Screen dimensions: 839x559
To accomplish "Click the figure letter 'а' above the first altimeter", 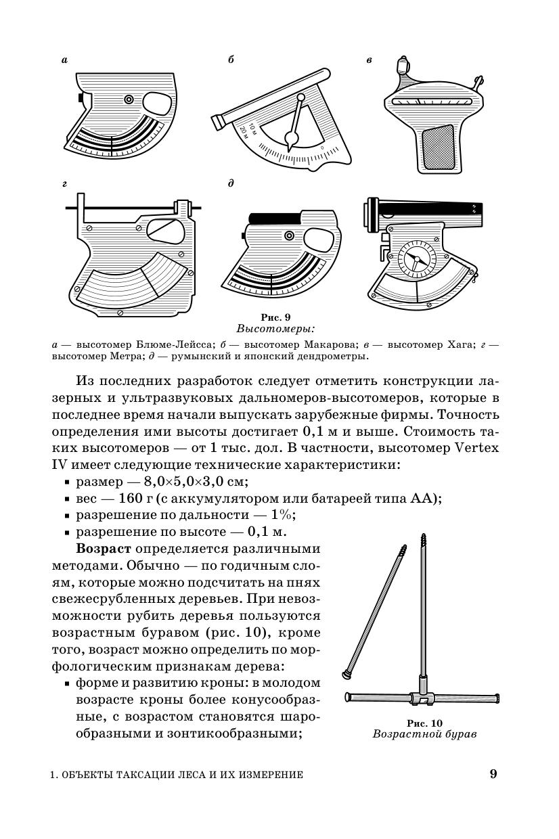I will [x=64, y=60].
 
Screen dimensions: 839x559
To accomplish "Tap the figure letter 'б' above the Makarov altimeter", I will [x=231, y=60].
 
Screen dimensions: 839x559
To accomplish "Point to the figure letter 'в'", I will [x=369, y=60].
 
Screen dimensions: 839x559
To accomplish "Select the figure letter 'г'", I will [x=64, y=184].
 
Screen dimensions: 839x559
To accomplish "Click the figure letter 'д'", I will [x=231, y=184].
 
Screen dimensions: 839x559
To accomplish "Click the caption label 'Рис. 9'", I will [x=275, y=317].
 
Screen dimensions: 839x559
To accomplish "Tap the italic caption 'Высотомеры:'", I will [x=275, y=329].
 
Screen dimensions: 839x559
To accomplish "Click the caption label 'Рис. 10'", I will [x=424, y=722].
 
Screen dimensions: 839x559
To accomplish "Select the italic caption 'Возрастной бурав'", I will [x=424, y=734].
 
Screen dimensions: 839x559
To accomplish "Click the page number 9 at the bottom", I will [x=493, y=774].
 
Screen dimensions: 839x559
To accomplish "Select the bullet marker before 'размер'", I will [x=68, y=482].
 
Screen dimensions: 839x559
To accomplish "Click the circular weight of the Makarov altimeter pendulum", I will [x=292, y=139].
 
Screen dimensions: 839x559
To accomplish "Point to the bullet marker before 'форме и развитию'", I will [x=68, y=684].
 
